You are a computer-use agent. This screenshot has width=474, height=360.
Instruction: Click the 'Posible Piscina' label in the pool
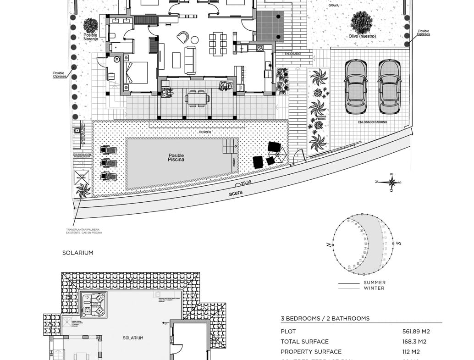click(x=176, y=157)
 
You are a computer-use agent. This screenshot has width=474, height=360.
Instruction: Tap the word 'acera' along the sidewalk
click(x=235, y=194)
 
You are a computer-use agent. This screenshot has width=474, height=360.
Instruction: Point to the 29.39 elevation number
click(x=246, y=183)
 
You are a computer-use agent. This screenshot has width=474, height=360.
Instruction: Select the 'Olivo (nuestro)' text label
click(x=362, y=36)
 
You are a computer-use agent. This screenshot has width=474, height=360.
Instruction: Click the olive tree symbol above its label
click(x=361, y=22)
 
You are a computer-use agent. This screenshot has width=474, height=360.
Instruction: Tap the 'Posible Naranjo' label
click(x=91, y=37)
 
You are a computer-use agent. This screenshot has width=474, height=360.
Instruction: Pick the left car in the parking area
click(x=355, y=87)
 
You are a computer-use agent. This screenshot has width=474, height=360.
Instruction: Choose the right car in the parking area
click(x=389, y=87)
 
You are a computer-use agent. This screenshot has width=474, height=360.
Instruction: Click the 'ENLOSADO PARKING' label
click(x=373, y=122)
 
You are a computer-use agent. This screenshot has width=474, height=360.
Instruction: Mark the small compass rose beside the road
click(x=391, y=182)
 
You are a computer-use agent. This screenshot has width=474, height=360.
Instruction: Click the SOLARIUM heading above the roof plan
click(x=78, y=253)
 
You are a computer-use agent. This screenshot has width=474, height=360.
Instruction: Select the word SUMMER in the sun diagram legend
click(x=375, y=282)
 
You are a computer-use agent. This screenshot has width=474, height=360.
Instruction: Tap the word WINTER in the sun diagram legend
click(x=374, y=288)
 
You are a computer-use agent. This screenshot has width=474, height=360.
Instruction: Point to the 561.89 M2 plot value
click(x=416, y=332)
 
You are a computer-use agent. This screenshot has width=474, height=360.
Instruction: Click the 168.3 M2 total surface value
click(x=414, y=342)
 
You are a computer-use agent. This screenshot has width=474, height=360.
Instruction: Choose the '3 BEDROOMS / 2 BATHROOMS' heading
click(x=325, y=319)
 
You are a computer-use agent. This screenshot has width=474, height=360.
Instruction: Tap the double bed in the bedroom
click(x=136, y=73)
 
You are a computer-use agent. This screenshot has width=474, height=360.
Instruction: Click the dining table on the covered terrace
click(x=197, y=98)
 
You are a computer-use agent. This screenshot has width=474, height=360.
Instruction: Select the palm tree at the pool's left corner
click(x=83, y=190)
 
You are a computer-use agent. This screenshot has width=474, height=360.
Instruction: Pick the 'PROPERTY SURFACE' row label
click(x=311, y=352)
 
